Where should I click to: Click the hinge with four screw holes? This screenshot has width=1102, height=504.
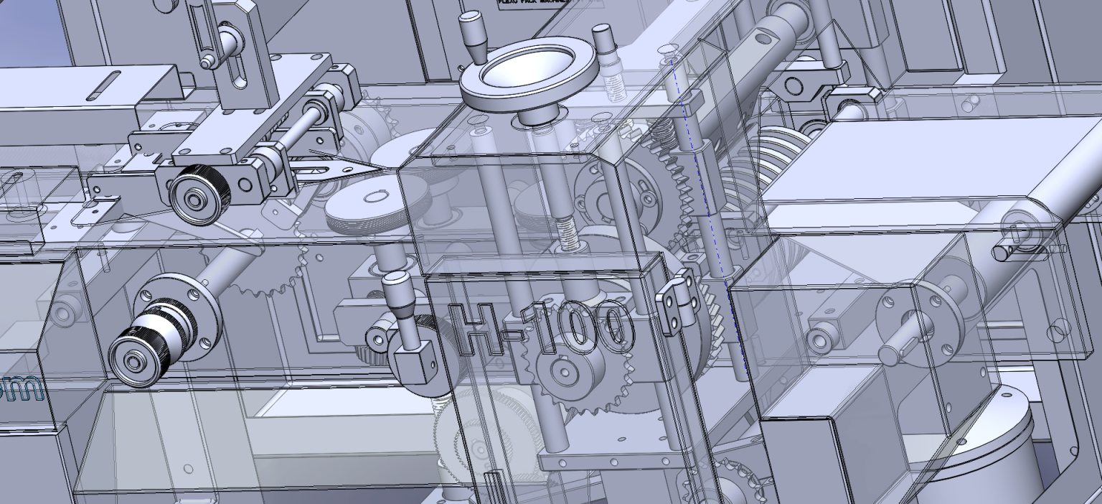[677, 305]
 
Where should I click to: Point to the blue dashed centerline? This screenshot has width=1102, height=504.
[710, 215]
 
